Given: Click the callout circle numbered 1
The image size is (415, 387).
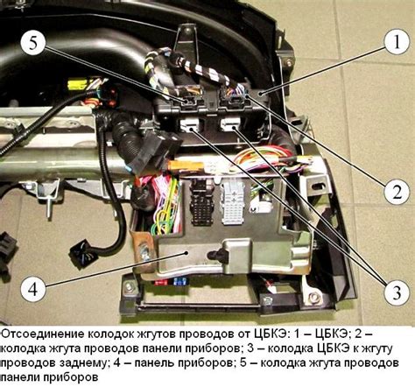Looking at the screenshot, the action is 397,42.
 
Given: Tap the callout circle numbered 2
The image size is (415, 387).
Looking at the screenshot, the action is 397,192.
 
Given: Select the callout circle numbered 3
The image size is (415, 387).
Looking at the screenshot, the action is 397,292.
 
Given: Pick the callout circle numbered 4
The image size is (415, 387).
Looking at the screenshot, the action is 33,290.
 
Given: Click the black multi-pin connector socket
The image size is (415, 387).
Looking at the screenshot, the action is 202,202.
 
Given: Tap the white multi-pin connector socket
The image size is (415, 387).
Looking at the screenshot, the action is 234,202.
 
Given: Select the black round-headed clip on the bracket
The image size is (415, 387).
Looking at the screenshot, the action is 215,255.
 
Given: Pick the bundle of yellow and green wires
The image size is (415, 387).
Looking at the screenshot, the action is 165,204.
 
